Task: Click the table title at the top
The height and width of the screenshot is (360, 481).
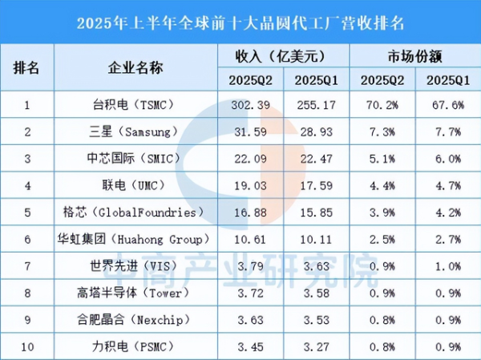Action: coord(240,20)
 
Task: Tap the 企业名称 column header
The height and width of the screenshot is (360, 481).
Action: coord(135,67)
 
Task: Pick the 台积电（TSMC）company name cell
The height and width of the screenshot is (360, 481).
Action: coord(135,103)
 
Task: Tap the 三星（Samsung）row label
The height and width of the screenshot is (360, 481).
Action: coord(135,131)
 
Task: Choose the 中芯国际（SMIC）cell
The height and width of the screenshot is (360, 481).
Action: coord(135,159)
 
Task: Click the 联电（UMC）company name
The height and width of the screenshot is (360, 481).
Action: coord(135,186)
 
